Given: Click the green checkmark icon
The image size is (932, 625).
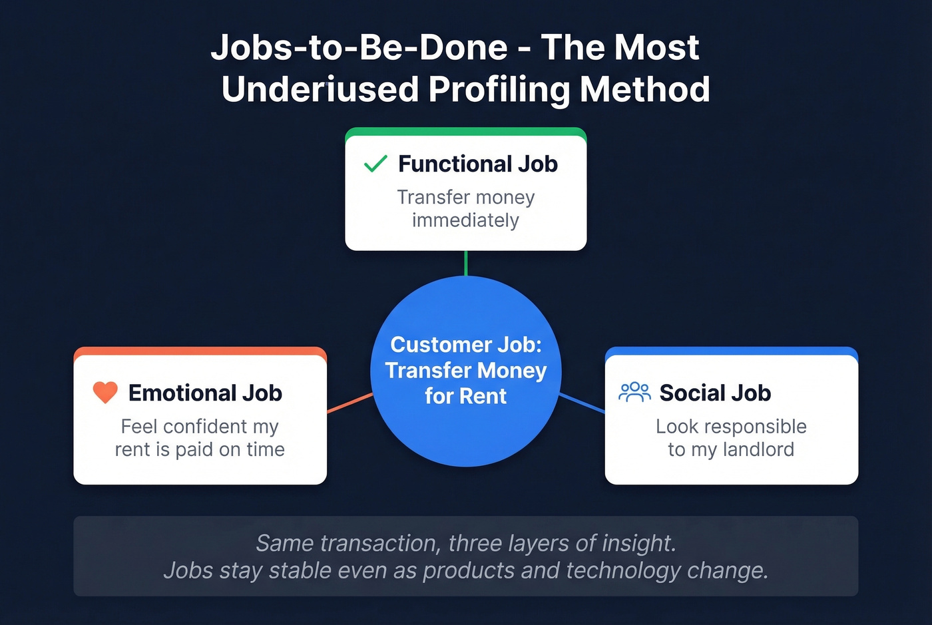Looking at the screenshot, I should tap(375, 164).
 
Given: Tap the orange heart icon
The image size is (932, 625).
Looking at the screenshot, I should tap(105, 393).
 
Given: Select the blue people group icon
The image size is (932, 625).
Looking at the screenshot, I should tap(634, 392).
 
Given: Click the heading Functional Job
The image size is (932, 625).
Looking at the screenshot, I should tap(477, 164).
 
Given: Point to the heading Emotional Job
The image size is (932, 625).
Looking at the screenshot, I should tap(205, 393).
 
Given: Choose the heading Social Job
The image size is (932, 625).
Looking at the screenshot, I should tap(715, 393).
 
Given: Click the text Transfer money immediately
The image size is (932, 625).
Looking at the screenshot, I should tap(465, 208).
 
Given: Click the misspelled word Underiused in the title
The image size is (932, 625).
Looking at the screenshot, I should tap(320, 89).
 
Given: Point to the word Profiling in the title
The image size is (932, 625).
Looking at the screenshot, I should tap(499, 89).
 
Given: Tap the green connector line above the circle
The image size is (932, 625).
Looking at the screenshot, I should tap(466, 263).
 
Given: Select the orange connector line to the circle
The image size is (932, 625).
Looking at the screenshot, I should tap(350, 403).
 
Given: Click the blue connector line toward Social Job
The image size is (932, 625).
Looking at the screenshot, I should tap(582, 403).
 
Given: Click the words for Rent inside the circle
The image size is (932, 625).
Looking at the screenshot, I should tap(465, 396).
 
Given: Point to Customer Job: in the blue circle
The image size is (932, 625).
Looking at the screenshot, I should tap(465, 344).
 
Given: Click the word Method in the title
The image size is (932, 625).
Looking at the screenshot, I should tap(644, 89).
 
